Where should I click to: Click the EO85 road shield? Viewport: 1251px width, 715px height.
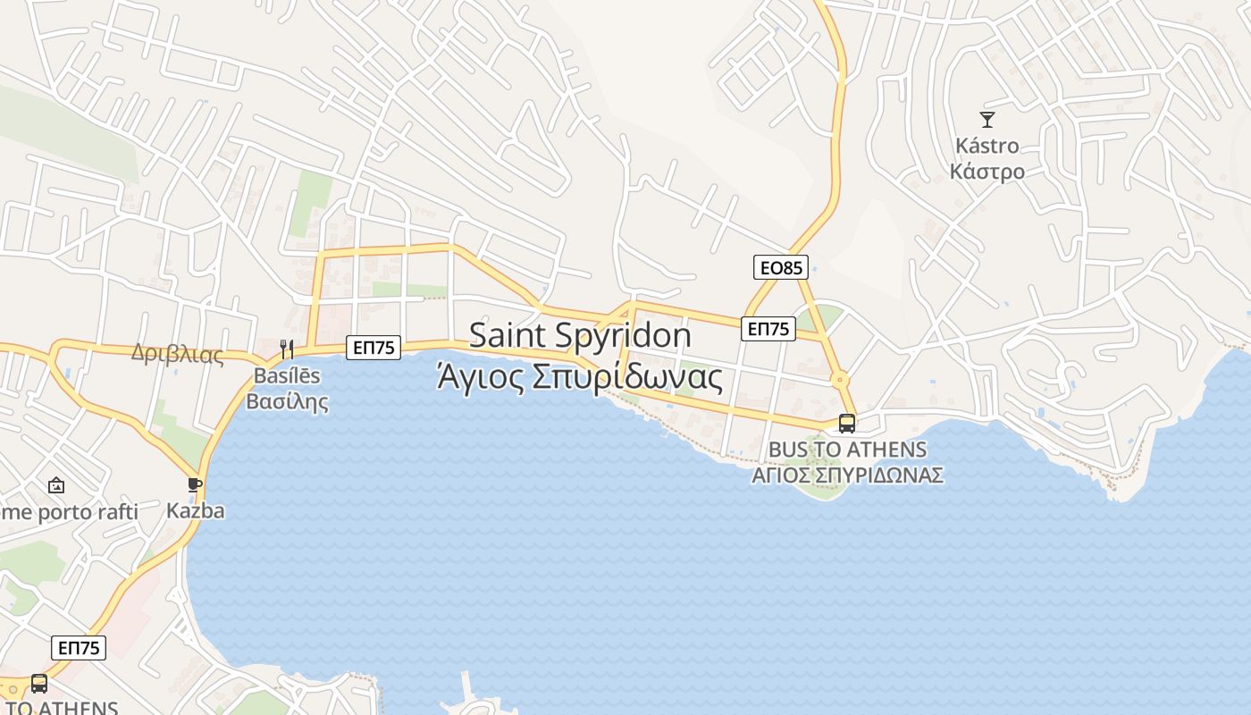pyautogui.click(x=781, y=267)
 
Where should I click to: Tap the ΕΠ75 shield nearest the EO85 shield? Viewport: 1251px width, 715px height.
pyautogui.click(x=768, y=329)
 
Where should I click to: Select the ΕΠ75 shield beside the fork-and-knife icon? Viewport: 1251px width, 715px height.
pyautogui.click(x=374, y=348)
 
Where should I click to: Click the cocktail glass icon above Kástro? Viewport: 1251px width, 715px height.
pyautogui.click(x=987, y=119)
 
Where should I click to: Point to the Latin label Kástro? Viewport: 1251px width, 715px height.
pyautogui.click(x=987, y=145)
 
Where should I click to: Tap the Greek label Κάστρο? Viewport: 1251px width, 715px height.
pyautogui.click(x=987, y=171)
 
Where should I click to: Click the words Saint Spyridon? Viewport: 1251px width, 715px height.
pyautogui.click(x=580, y=335)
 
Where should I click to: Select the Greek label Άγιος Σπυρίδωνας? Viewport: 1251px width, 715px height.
pyautogui.click(x=580, y=378)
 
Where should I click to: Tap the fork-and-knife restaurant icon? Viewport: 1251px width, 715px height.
pyautogui.click(x=287, y=349)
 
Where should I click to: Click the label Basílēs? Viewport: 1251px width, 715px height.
pyautogui.click(x=287, y=375)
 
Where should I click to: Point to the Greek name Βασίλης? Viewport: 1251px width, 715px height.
pyautogui.click(x=287, y=401)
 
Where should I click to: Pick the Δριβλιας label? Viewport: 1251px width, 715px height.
pyautogui.click(x=177, y=354)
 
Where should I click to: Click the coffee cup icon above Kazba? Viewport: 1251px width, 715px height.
pyautogui.click(x=195, y=485)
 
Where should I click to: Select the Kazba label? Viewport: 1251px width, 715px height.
pyautogui.click(x=195, y=511)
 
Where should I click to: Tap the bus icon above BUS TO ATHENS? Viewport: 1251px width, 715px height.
pyautogui.click(x=846, y=424)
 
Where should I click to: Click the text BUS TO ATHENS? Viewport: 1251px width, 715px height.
pyautogui.click(x=847, y=449)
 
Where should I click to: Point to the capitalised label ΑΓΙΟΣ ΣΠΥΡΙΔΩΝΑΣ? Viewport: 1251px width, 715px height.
pyautogui.click(x=847, y=475)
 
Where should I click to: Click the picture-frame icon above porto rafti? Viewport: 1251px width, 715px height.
pyautogui.click(x=56, y=485)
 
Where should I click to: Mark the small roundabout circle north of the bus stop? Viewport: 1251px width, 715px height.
pyautogui.click(x=840, y=380)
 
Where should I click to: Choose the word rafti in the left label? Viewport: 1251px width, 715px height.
pyautogui.click(x=113, y=512)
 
